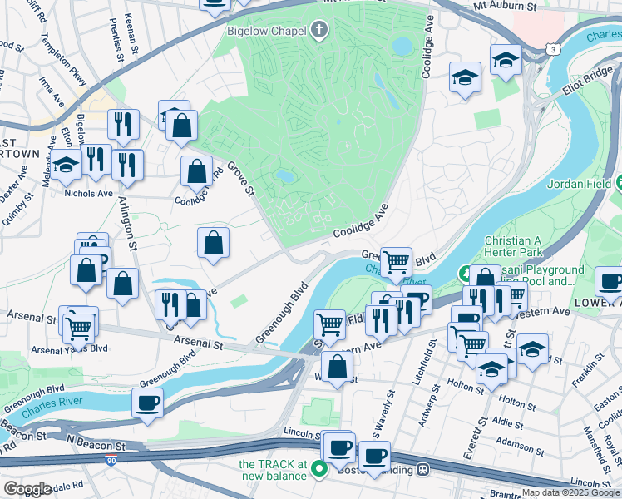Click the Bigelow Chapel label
coord(267,32)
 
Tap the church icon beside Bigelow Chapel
coord(319,32)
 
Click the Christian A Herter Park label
coord(513,245)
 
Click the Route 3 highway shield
coord(552,50)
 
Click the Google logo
coord(27,489)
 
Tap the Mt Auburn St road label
coord(504,6)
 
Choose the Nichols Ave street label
coord(88,193)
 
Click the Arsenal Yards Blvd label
coord(71,348)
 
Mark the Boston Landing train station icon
coord(423,470)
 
